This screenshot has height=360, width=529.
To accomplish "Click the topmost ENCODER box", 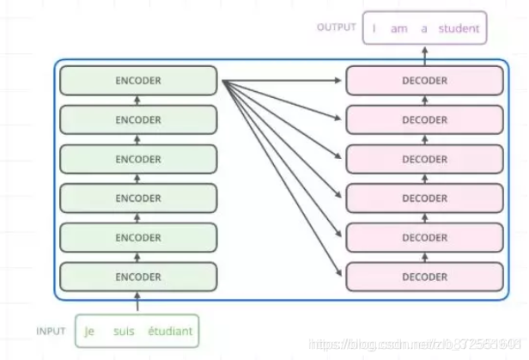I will click(x=137, y=81).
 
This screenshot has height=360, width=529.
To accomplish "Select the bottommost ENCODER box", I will click(x=137, y=277).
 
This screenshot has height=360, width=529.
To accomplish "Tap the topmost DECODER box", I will click(x=424, y=81).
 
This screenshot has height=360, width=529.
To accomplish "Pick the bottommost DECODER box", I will click(x=424, y=277).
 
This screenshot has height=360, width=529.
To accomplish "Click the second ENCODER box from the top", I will click(x=137, y=120).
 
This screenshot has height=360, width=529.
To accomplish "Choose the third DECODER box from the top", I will click(x=424, y=159).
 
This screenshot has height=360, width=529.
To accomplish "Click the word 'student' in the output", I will click(x=459, y=28).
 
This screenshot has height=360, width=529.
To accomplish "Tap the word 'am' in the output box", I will click(x=398, y=28).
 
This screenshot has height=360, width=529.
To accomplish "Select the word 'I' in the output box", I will click(x=374, y=28).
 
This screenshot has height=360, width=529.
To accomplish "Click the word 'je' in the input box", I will click(x=89, y=331).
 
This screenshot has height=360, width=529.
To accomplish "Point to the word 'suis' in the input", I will click(x=125, y=331).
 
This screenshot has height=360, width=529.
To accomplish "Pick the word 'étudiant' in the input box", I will click(x=171, y=331).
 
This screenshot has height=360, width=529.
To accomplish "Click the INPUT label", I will click(x=51, y=331).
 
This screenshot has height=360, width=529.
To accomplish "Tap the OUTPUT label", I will click(x=336, y=27).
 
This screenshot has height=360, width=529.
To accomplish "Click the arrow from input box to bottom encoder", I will click(x=137, y=302).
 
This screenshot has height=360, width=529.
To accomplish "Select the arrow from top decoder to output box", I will click(x=424, y=54).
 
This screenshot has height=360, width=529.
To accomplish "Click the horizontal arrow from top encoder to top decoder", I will click(x=283, y=81).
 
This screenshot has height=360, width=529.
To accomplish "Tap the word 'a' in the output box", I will click(x=423, y=28).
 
